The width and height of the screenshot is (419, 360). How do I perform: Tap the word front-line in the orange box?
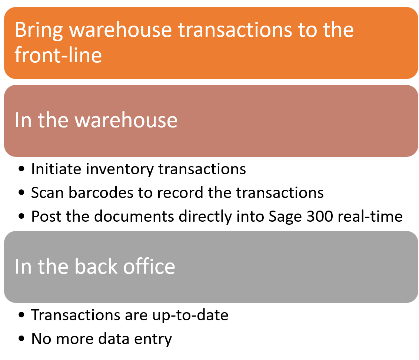[x=58, y=55]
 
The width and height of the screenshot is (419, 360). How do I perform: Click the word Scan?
[x=47, y=192]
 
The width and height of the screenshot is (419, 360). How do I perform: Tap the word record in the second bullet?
[x=180, y=192]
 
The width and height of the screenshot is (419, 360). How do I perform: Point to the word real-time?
[x=370, y=216]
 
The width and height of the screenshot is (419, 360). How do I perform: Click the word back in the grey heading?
[x=96, y=267]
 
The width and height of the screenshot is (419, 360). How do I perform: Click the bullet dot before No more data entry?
[x=21, y=338]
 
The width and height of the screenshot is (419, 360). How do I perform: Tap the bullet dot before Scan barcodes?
[x=21, y=192]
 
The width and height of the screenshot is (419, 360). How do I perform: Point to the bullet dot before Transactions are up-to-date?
[x=21, y=315]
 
